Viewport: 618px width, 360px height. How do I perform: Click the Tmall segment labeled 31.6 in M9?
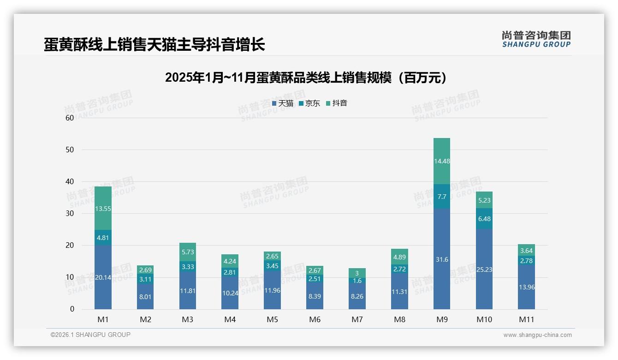pos(442,259)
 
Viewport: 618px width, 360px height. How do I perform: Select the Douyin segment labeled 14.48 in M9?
pos(442,161)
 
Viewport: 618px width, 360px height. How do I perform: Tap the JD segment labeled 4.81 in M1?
pos(103,238)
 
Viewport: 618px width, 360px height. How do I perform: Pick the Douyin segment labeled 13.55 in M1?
pos(103,209)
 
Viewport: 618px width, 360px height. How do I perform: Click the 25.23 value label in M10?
pos(484,270)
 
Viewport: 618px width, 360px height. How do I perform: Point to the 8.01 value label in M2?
pos(145,297)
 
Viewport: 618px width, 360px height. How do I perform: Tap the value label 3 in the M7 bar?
pos(357,273)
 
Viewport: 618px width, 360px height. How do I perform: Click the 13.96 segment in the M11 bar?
pos(526,287)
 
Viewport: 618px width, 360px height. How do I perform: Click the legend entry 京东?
pos(309,103)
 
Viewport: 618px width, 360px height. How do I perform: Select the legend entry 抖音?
pos(336,103)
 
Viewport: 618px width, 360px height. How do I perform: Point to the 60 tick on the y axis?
pos(70,118)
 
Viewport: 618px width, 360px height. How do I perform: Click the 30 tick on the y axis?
pos(70,213)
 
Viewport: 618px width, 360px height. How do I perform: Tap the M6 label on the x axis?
pos(315,319)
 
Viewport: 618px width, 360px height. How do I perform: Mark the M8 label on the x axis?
pos(399,319)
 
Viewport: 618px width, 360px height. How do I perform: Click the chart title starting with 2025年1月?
pos(306,78)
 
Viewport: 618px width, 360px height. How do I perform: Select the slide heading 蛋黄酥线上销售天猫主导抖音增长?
pos(154,45)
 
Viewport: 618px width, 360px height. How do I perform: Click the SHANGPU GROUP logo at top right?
pos(536,39)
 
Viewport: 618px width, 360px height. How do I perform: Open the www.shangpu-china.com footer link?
pos(537,335)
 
